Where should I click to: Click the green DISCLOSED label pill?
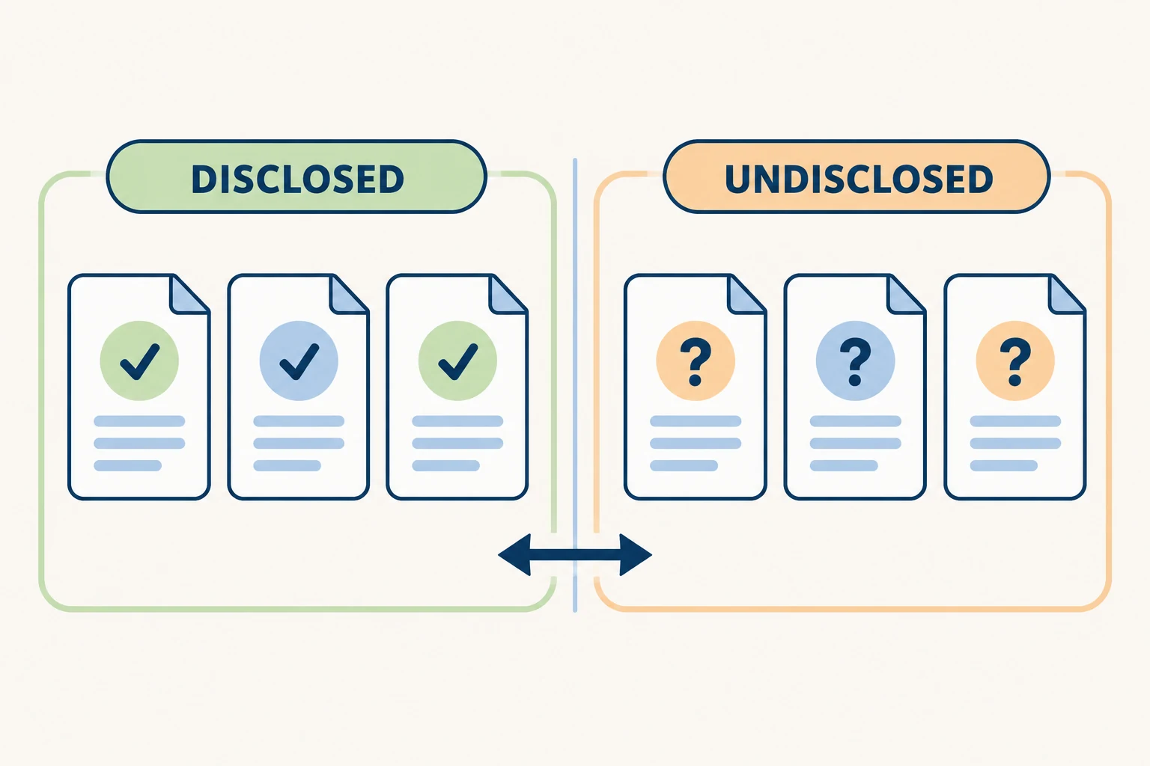click(296, 177)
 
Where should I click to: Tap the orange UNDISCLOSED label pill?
click(857, 177)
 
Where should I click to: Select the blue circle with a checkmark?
click(299, 361)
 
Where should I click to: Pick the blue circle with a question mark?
click(855, 361)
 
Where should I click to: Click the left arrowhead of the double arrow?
click(514, 554)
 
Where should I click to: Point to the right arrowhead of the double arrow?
click(636, 554)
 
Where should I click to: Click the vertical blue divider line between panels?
click(575, 384)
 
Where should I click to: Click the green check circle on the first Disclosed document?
click(139, 361)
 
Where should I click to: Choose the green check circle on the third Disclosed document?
click(457, 361)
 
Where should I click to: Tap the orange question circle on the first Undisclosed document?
click(696, 361)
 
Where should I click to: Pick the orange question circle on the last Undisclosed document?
click(1015, 361)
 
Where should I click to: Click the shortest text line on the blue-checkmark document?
click(287, 465)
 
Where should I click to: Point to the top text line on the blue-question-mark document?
click(855, 421)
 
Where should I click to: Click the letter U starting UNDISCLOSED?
click(739, 180)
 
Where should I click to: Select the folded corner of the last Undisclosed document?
click(1066, 294)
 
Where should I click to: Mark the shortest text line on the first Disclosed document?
click(128, 465)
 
